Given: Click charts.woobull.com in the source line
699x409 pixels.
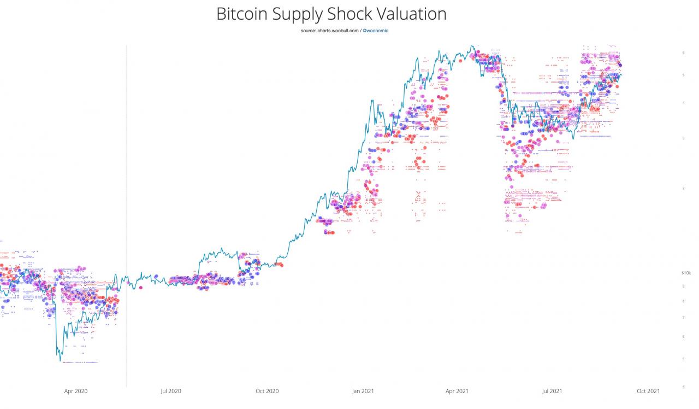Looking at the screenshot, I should click(337, 31).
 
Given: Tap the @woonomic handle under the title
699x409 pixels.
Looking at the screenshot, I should click(375, 31).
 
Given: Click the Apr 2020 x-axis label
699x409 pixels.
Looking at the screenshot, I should click(76, 391).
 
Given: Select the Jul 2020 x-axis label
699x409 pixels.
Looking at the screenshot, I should click(170, 391).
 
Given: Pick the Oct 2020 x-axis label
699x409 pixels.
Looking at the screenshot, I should click(267, 391).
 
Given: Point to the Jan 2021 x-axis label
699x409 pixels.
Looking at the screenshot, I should click(363, 391).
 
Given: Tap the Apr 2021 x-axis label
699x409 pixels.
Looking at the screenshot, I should click(457, 391).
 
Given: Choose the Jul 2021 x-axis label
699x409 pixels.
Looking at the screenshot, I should click(552, 391).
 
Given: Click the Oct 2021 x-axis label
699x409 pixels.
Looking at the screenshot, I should click(648, 391).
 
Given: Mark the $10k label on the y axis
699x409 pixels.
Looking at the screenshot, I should click(686, 272).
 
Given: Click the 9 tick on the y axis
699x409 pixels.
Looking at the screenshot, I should click(683, 286).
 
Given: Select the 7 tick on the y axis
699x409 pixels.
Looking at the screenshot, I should click(683, 317).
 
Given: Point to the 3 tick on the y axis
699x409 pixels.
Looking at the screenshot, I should click(683, 138).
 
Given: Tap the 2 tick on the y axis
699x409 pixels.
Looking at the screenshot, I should click(683, 188).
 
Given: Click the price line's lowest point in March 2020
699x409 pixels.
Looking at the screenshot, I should click(60, 360).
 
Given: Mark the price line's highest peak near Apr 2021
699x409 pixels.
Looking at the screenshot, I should click(472, 46).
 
